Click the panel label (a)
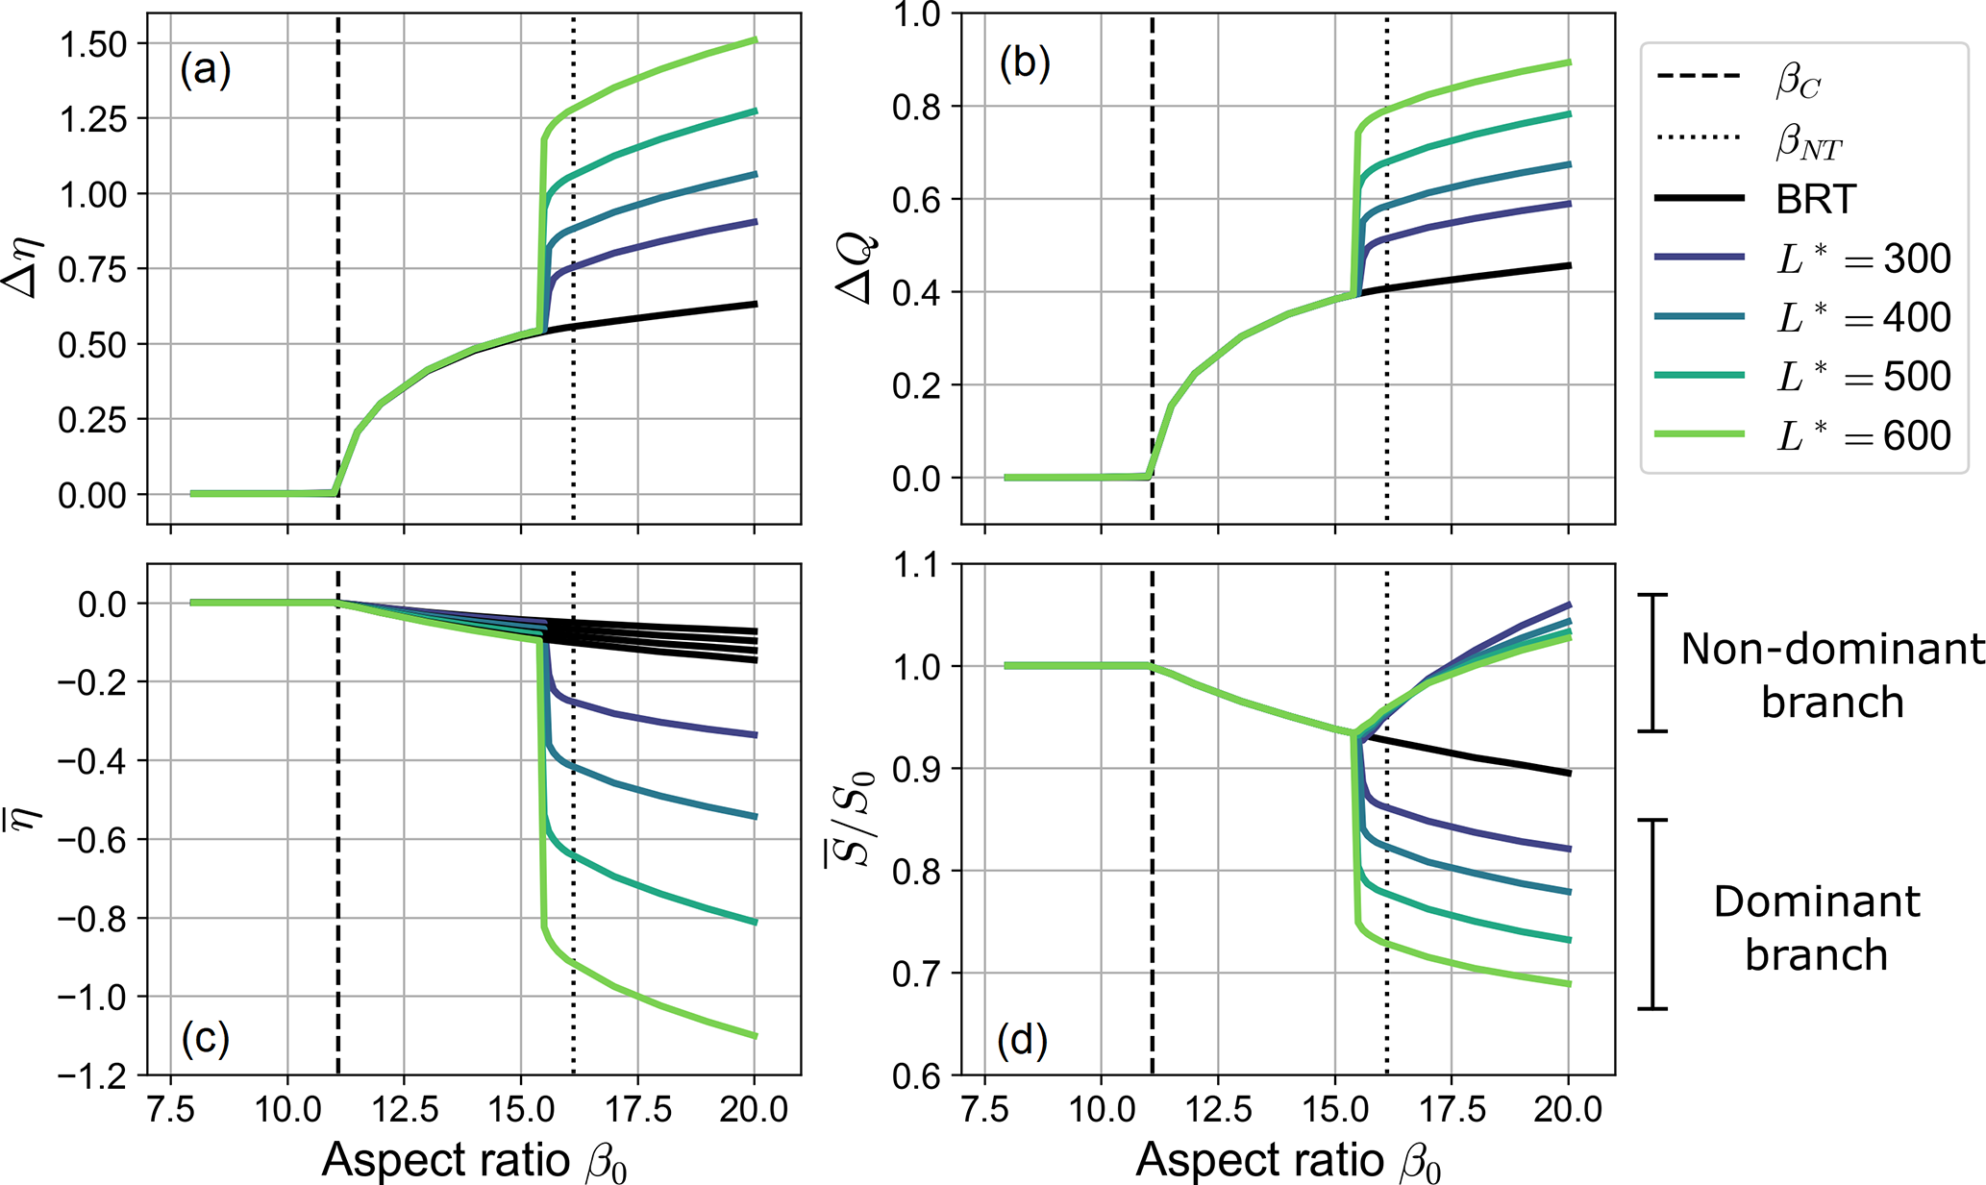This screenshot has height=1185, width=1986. [206, 70]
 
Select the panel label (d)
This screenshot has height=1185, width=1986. [1022, 1039]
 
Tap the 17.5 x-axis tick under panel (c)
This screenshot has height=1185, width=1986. [637, 1110]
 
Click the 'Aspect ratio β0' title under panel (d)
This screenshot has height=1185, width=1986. [1288, 1161]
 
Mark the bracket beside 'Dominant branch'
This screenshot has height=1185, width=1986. [1652, 914]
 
